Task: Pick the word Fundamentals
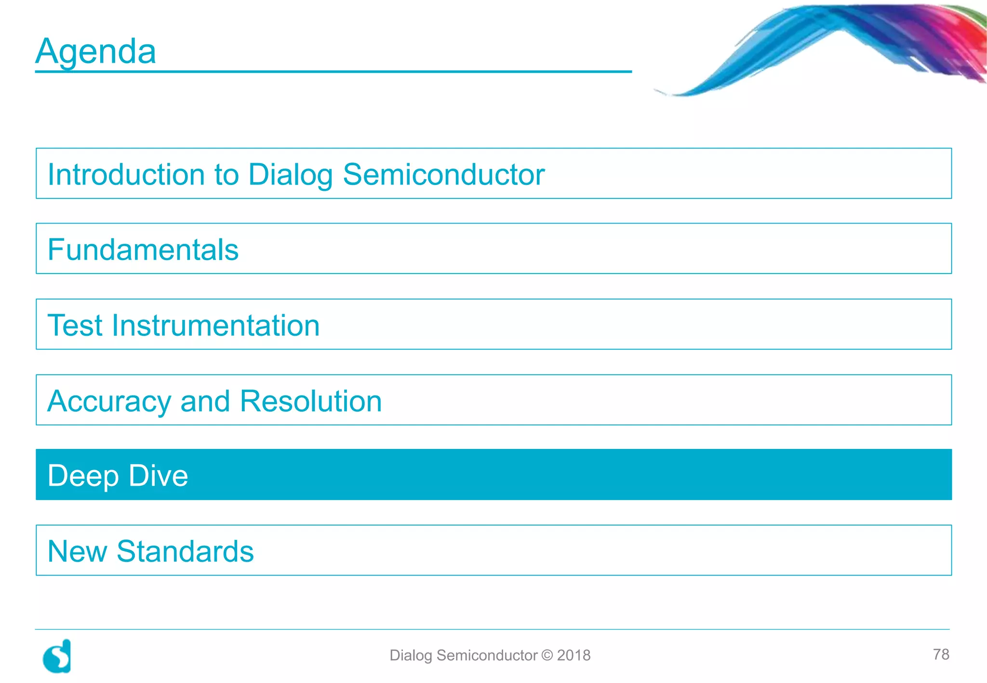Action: pyautogui.click(x=143, y=250)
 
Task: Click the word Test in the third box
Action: pyautogui.click(x=76, y=325)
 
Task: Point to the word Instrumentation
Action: pyautogui.click(x=215, y=325)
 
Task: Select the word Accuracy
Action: pyautogui.click(x=109, y=401)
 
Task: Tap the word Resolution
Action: pyautogui.click(x=311, y=401)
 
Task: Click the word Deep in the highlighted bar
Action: pyautogui.click(x=83, y=476)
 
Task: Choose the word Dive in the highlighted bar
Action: pyautogui.click(x=159, y=475)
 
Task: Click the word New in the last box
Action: pyautogui.click(x=77, y=551)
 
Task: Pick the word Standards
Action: pyautogui.click(x=185, y=551)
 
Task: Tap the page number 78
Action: pyautogui.click(x=941, y=654)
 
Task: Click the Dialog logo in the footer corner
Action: pyautogui.click(x=57, y=656)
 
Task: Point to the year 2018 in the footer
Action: pyautogui.click(x=574, y=655)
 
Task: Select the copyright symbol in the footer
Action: pyautogui.click(x=547, y=655)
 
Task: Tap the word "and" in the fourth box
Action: pyautogui.click(x=205, y=401)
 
